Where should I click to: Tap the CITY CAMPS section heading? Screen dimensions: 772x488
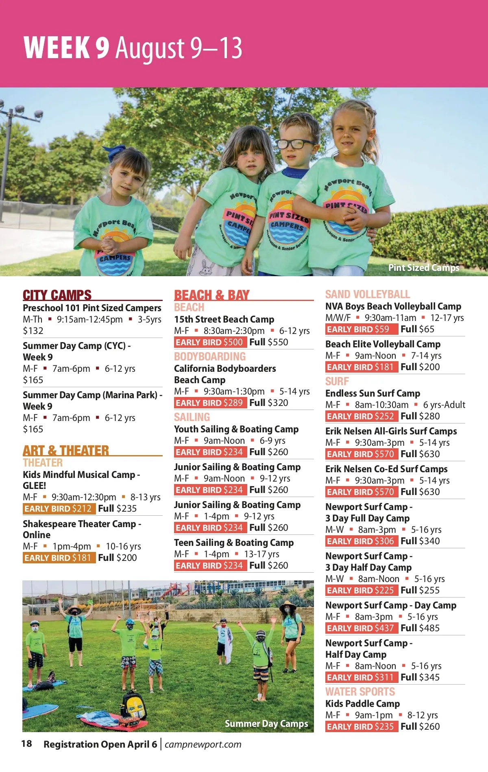click(57, 294)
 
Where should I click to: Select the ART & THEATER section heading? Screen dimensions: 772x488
click(66, 450)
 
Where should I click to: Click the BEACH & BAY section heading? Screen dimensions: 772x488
click(211, 295)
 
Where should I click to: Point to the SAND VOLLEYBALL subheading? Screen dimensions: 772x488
click(368, 294)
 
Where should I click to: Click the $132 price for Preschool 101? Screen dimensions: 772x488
click(33, 331)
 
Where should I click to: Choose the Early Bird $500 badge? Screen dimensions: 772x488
click(209, 342)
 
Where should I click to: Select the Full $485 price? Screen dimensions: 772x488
click(420, 628)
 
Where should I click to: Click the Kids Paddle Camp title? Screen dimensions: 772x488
click(362, 704)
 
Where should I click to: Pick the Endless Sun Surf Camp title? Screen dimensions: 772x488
click(373, 393)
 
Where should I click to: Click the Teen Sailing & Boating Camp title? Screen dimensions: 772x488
click(234, 543)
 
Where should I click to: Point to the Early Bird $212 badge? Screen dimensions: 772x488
click(59, 508)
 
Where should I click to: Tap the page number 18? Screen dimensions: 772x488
click(26, 744)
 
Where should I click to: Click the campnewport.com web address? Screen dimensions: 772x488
click(203, 744)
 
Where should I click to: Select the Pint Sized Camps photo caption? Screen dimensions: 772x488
click(424, 268)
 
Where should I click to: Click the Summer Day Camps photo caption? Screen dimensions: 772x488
click(266, 724)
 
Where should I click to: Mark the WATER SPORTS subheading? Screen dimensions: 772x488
click(360, 691)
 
